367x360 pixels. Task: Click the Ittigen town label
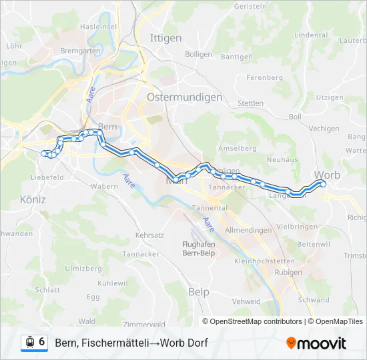(x=166, y=38)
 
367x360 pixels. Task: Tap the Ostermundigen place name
(x=175, y=97)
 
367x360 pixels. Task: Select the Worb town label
(x=327, y=175)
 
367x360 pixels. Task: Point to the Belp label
(x=198, y=292)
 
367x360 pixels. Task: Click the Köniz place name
(x=33, y=199)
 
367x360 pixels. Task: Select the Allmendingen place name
(x=248, y=230)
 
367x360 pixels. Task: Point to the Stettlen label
(x=251, y=103)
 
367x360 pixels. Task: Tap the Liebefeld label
(x=47, y=178)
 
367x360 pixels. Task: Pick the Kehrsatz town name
(x=149, y=235)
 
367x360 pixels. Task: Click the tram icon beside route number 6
(x=29, y=342)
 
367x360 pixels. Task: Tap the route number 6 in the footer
(x=42, y=342)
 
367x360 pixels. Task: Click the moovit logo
(x=316, y=343)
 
